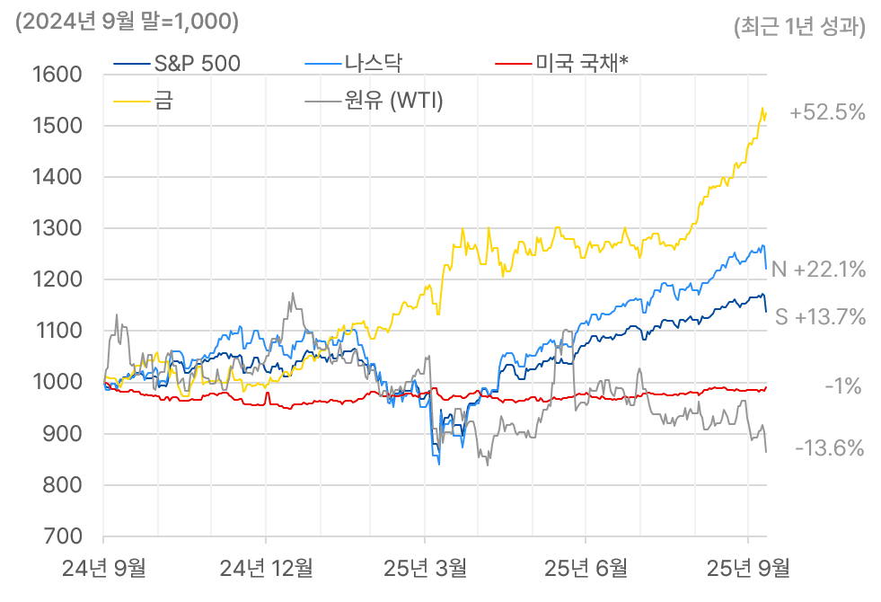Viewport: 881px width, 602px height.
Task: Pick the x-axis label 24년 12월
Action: pyautogui.click(x=267, y=568)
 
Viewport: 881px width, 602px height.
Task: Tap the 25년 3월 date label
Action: pyautogui.click(x=425, y=568)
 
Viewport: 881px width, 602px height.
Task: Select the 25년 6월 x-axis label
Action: pyautogui.click(x=586, y=568)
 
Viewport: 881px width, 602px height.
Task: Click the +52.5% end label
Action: pyautogui.click(x=827, y=113)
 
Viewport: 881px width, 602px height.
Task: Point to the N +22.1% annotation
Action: pyautogui.click(x=818, y=269)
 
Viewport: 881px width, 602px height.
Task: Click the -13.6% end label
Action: pyautogui.click(x=829, y=447)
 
